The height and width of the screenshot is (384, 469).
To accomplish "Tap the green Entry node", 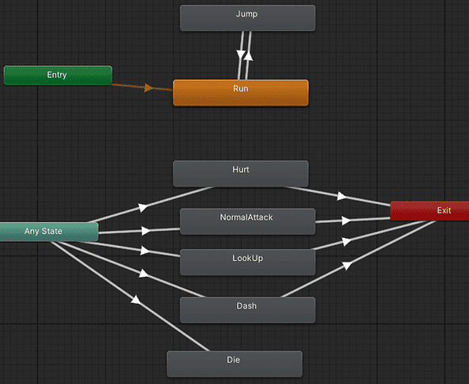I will point(57,75).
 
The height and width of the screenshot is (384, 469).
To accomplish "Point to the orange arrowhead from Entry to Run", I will point(148,88).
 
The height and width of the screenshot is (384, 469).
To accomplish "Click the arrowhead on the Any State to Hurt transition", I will point(143,207).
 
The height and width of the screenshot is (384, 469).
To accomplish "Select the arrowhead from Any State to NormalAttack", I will point(146,231).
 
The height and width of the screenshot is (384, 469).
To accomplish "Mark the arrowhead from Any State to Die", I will point(135,301).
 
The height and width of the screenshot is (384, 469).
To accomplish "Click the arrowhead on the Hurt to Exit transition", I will point(342,196).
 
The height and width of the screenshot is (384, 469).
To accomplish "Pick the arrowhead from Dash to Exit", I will point(347,267).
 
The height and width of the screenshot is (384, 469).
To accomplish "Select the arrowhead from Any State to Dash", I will point(144,275).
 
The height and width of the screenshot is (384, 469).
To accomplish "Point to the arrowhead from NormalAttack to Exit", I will point(345,220).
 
